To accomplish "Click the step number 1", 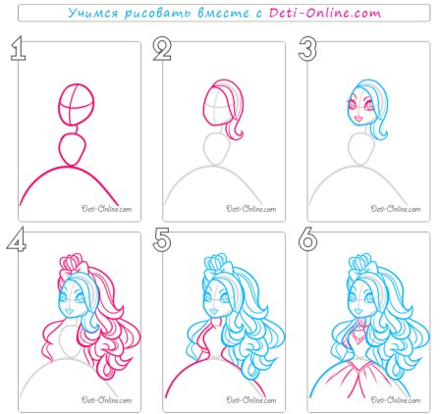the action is (19, 48).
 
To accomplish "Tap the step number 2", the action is (162, 48).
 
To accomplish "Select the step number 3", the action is (307, 48).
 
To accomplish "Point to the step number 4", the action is (17, 239).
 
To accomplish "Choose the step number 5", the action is (162, 239).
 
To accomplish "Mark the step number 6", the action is (307, 239).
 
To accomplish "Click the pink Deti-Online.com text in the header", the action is (325, 13).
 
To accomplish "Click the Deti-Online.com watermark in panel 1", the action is (106, 209).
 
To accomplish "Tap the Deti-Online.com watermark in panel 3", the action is (396, 209).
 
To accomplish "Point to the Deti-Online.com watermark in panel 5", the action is (251, 399).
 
